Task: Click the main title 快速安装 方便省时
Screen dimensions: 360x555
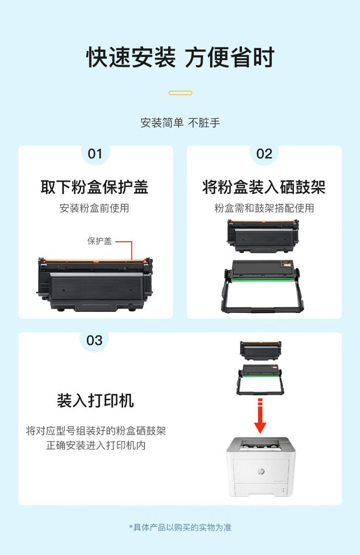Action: [180, 57]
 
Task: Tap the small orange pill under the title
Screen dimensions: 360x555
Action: [180, 93]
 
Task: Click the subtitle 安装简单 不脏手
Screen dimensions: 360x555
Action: [180, 123]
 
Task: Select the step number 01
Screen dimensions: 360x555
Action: [95, 154]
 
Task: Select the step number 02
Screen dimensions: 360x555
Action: [264, 154]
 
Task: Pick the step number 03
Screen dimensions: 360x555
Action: [94, 341]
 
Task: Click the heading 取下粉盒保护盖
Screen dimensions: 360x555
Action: [94, 187]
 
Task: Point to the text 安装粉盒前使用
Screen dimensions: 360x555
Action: [94, 208]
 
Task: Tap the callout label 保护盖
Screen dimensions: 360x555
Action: [99, 241]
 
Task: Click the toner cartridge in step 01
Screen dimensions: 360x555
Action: [95, 284]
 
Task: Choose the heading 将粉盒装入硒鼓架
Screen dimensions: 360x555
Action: [264, 187]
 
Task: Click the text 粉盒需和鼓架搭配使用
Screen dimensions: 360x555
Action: [264, 208]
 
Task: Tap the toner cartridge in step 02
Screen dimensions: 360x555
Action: [263, 236]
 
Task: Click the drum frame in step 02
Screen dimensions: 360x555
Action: [263, 286]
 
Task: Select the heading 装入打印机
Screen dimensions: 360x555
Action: [96, 401]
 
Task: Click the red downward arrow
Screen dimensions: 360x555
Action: [260, 416]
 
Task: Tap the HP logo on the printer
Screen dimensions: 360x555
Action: [261, 472]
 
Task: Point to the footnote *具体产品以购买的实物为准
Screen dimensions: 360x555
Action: [180, 527]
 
